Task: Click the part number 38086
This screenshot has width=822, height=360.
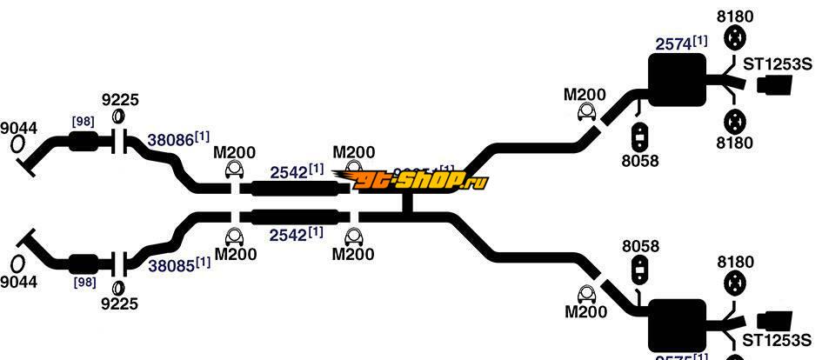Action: click(x=169, y=139)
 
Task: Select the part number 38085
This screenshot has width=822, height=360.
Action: click(x=169, y=263)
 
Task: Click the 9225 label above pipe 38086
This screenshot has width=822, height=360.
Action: click(x=120, y=100)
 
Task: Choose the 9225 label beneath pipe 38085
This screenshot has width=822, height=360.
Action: click(x=120, y=303)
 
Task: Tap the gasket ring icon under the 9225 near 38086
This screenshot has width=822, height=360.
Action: click(x=120, y=119)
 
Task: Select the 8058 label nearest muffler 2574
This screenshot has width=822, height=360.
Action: click(x=641, y=160)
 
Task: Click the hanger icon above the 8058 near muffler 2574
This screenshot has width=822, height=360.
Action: click(x=641, y=137)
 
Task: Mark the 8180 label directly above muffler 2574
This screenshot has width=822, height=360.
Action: click(x=735, y=17)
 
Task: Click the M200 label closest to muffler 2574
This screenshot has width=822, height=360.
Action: click(x=584, y=93)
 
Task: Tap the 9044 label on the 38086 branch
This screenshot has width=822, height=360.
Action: click(x=18, y=129)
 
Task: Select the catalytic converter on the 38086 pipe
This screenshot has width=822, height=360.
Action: click(x=84, y=143)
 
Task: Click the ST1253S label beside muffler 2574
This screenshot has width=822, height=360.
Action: click(x=776, y=63)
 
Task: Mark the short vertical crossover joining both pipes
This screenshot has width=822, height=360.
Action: click(x=406, y=203)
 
